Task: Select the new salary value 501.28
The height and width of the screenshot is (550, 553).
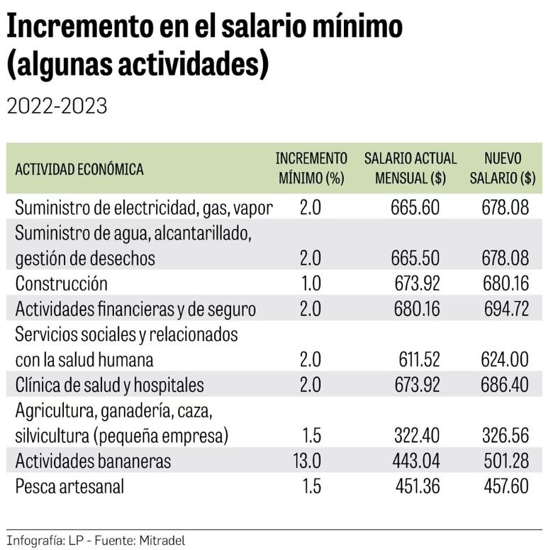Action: coord(505,461)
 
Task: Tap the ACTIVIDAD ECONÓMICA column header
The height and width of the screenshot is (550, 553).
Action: coord(79,169)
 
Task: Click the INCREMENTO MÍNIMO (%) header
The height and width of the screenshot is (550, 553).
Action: coord(311,169)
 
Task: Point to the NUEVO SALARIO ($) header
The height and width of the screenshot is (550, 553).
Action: coord(503,169)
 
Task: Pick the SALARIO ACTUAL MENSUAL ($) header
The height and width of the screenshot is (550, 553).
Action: coord(410,169)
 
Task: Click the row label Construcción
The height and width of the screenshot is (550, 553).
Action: coord(61,284)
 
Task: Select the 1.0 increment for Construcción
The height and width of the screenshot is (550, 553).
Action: coord(311,284)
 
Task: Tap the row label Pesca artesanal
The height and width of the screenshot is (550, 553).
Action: coord(69,487)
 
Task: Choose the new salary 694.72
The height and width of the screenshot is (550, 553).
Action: coord(505,309)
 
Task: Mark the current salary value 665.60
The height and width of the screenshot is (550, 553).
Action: coord(415,207)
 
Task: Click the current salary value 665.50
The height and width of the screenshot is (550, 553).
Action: coord(415,258)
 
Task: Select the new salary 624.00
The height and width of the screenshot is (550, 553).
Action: coord(505,360)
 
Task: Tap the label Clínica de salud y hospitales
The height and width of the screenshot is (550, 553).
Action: coord(109,385)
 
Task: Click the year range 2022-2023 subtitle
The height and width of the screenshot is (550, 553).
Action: coord(57,106)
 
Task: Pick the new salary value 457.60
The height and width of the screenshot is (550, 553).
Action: coord(505,487)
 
